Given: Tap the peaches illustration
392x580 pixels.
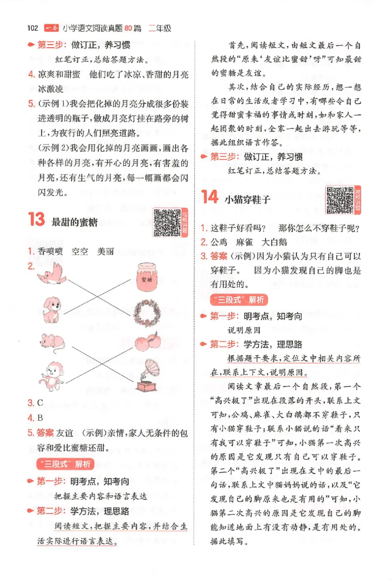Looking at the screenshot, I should [145, 342].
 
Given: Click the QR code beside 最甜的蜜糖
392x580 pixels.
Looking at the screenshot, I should [167, 222].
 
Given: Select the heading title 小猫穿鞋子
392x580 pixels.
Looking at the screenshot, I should [247, 200].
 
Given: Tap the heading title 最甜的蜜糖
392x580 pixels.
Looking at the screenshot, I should [74, 223].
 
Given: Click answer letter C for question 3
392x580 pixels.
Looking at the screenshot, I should [40, 403].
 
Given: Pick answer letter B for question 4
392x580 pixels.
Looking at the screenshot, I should [40, 418].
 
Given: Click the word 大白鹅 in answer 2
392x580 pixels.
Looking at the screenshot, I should [274, 242].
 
